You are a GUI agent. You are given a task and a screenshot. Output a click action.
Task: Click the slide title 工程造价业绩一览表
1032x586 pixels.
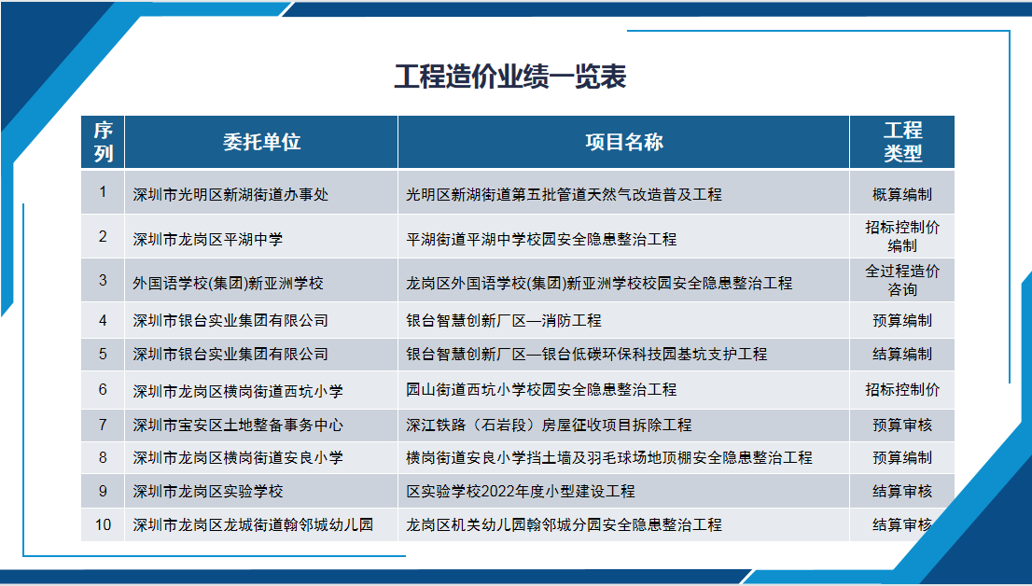tap(510, 77)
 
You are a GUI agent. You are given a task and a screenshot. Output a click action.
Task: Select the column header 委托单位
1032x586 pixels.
tap(261, 142)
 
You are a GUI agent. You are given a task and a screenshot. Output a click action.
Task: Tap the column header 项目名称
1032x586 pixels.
tap(624, 142)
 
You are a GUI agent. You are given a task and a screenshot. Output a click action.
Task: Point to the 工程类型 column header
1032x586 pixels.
tap(902, 142)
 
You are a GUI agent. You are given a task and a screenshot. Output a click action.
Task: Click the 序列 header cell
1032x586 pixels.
tap(104, 142)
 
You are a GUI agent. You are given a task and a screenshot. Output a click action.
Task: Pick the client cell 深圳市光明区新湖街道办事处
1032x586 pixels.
tap(230, 194)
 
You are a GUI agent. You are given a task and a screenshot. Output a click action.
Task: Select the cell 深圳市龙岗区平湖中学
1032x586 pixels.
tap(207, 239)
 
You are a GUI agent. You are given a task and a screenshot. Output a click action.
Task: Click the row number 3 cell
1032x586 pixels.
tap(103, 280)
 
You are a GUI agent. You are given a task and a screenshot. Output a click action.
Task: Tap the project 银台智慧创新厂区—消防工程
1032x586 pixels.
tap(504, 321)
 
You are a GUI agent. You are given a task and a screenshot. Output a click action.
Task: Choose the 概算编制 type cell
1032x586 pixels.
tap(902, 194)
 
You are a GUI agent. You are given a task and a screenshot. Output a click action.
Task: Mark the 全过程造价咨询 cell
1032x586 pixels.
tap(902, 280)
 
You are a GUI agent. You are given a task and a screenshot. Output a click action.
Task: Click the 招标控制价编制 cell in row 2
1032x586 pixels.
tap(902, 236)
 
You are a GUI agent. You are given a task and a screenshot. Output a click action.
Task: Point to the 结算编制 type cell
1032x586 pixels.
tap(902, 355)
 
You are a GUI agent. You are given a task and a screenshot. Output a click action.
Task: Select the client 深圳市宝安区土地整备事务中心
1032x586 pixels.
tap(238, 426)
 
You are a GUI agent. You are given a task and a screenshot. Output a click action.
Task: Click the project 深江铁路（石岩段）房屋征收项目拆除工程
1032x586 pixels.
tap(549, 426)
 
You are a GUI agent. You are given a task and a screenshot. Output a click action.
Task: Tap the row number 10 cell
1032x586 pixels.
tap(103, 524)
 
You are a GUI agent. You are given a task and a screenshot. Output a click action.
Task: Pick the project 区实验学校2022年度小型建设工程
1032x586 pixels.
tap(521, 491)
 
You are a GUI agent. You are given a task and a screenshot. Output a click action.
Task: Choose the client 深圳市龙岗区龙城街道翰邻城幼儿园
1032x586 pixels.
tap(253, 524)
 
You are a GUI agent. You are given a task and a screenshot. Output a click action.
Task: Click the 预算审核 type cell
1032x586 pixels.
tap(902, 426)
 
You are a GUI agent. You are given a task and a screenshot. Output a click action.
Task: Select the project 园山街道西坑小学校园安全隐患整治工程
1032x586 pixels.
tap(541, 390)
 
